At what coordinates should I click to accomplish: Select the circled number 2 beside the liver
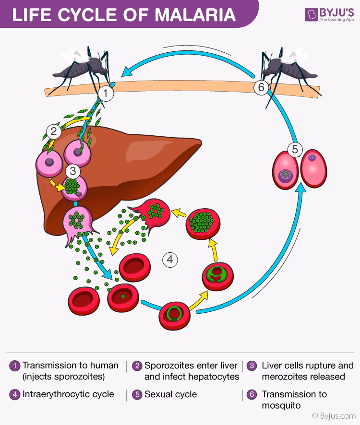[53, 130]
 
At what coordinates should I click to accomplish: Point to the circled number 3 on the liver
[72, 170]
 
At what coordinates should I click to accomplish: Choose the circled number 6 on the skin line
[261, 87]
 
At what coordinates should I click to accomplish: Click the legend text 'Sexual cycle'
[170, 394]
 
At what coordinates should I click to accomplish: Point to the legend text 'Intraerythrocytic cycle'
[68, 394]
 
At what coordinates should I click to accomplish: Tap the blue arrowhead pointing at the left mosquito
[126, 72]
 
